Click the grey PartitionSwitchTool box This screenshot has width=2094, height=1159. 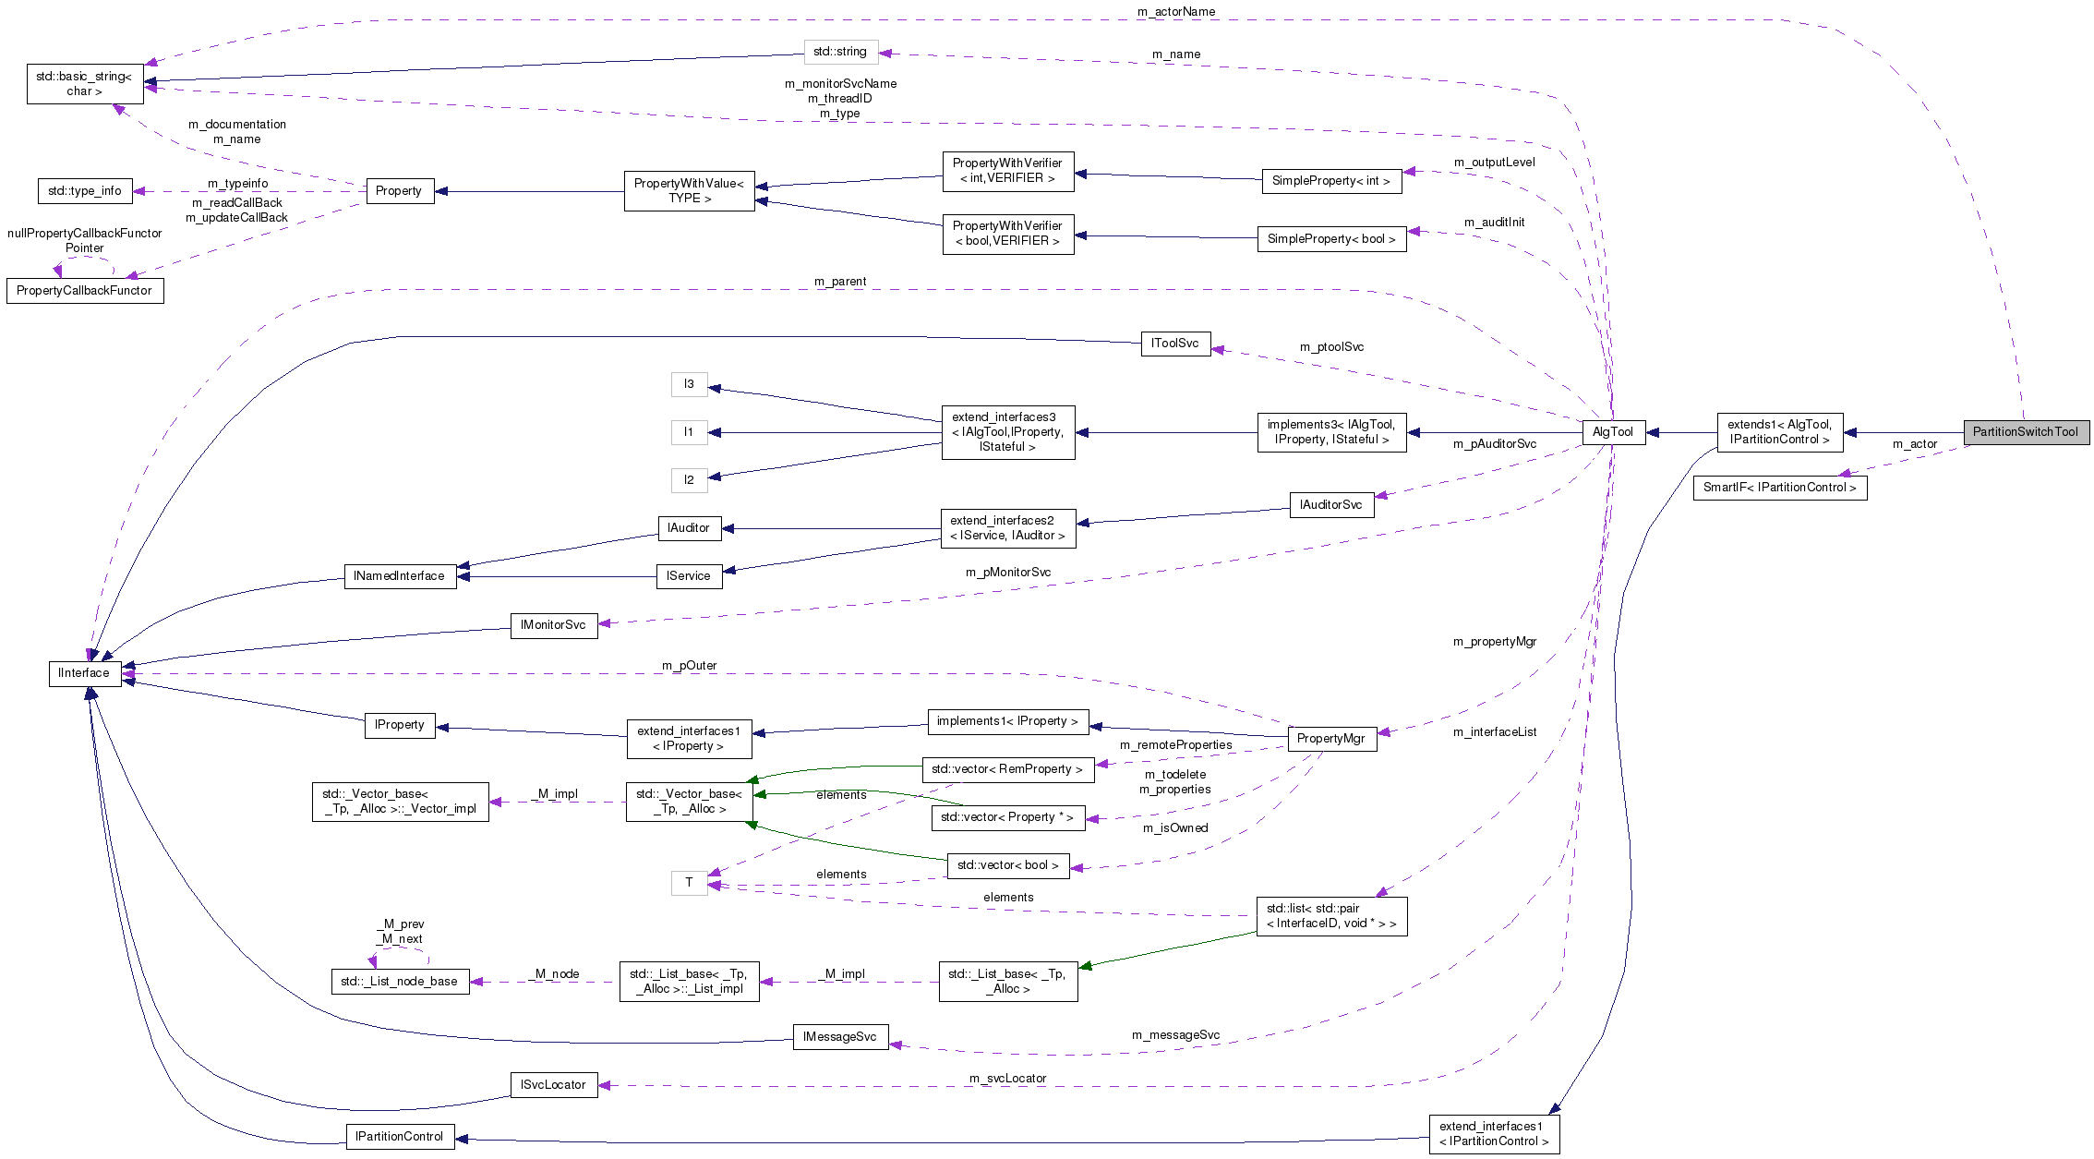pyautogui.click(x=2025, y=432)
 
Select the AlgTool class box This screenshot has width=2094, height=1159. pyautogui.click(x=1613, y=432)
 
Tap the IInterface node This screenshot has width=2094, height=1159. pyautogui.click(x=84, y=673)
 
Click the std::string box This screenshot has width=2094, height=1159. pyautogui.click(x=840, y=52)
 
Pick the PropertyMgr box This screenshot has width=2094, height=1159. pyautogui.click(x=1330, y=738)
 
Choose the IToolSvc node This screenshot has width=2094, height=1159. pyautogui.click(x=1175, y=344)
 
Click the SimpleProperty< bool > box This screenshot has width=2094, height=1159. pyautogui.click(x=1331, y=239)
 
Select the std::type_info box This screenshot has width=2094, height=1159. pyautogui.click(x=85, y=191)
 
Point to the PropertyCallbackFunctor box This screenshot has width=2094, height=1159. pyautogui.click(x=84, y=291)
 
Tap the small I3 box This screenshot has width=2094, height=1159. pyautogui.click(x=689, y=384)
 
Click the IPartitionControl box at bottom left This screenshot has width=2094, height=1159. pyautogui.click(x=400, y=1137)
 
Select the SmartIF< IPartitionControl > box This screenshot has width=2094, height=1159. pyautogui.click(x=1779, y=488)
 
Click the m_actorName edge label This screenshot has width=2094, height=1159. pyautogui.click(x=1176, y=12)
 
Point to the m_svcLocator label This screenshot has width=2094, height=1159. pyautogui.click(x=1007, y=1079)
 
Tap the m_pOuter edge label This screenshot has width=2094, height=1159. pyautogui.click(x=689, y=666)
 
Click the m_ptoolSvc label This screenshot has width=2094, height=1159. pyautogui.click(x=1331, y=347)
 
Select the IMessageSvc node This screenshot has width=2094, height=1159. pyautogui.click(x=839, y=1037)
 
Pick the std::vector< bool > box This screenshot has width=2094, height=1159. pyautogui.click(x=1007, y=865)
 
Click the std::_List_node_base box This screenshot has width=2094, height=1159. pyautogui.click(x=399, y=982)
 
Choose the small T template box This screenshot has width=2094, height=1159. pyautogui.click(x=689, y=883)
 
